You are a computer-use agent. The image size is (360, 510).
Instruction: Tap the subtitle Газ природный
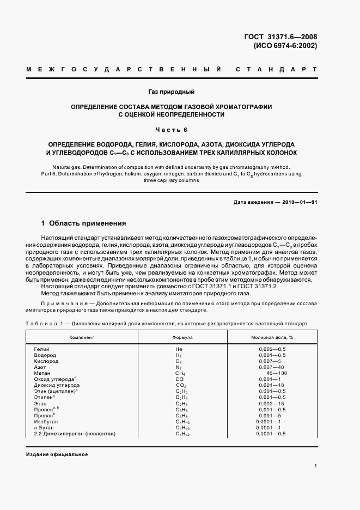(x=171, y=92)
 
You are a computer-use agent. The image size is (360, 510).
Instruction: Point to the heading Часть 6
(x=172, y=130)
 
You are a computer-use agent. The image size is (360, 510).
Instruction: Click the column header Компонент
(x=81, y=337)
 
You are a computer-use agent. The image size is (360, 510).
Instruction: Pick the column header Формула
(x=182, y=337)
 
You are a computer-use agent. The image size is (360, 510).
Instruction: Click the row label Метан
(x=42, y=373)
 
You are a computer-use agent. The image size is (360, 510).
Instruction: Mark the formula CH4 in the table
(x=181, y=373)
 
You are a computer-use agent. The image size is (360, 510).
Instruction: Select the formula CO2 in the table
(x=181, y=385)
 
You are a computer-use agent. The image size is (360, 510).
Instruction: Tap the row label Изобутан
(x=46, y=422)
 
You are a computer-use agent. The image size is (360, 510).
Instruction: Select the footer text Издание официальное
(x=57, y=454)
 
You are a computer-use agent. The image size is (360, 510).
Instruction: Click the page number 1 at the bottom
(x=316, y=465)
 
